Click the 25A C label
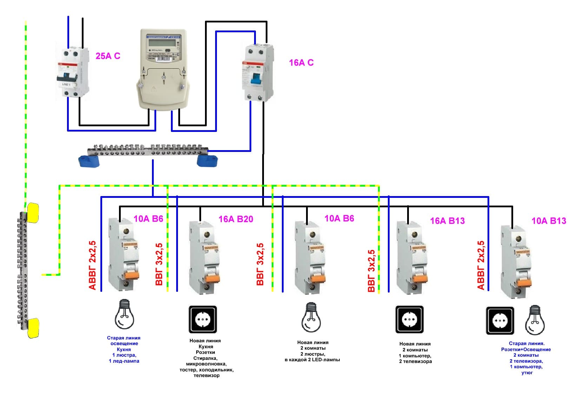(x=108, y=56)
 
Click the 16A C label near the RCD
(x=301, y=63)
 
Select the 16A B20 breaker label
(x=236, y=219)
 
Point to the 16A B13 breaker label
(x=447, y=221)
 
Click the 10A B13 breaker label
(x=549, y=221)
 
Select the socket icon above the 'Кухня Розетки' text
(x=203, y=319)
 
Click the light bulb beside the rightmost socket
(x=535, y=320)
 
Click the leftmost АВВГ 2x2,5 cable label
(x=92, y=265)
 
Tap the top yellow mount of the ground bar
(x=33, y=212)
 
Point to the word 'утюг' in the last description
(x=527, y=373)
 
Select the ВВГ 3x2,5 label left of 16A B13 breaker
(x=371, y=271)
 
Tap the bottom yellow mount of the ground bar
(x=33, y=328)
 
